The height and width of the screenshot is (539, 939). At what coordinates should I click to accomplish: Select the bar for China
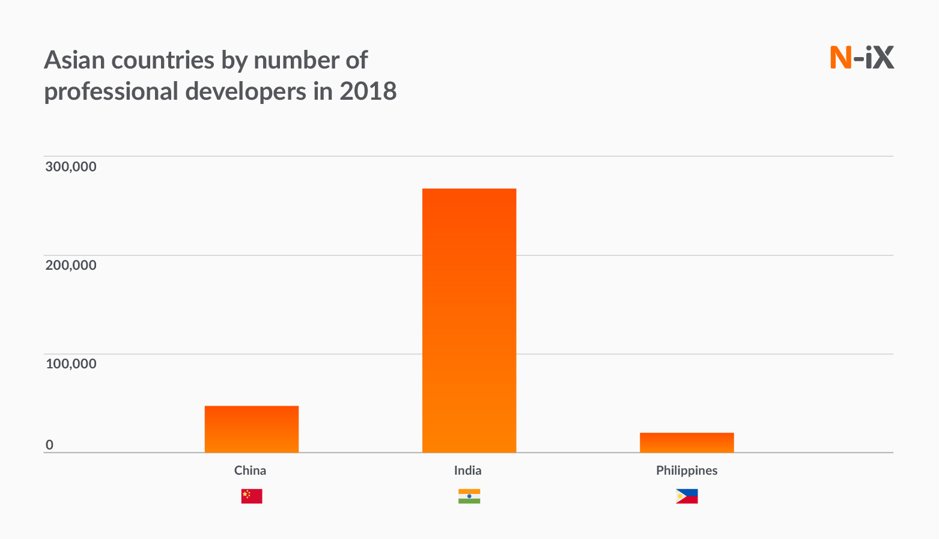tap(251, 429)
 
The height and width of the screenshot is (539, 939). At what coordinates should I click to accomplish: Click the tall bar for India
tap(469, 320)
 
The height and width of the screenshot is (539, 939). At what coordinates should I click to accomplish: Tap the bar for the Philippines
tap(687, 442)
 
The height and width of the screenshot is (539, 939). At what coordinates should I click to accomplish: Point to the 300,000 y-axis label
tap(70, 166)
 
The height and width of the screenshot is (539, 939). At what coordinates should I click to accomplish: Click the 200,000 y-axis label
tap(70, 265)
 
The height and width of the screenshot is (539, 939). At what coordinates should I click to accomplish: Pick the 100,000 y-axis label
tap(70, 364)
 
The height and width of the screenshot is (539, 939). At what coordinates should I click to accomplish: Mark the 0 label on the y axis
tap(49, 445)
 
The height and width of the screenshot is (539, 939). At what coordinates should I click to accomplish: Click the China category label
tap(250, 470)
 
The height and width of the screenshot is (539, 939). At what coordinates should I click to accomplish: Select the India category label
tap(467, 470)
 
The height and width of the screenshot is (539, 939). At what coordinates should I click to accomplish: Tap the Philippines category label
tap(687, 470)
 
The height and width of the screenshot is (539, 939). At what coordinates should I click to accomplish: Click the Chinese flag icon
tap(251, 496)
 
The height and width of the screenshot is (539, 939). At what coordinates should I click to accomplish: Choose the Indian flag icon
tap(469, 496)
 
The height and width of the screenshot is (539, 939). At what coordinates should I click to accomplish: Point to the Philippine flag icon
tap(687, 496)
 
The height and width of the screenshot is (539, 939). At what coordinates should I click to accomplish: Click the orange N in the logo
tap(840, 58)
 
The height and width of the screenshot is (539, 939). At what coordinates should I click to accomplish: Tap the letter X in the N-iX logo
tap(883, 58)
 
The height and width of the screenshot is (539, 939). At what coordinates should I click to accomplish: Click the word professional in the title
tap(111, 91)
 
